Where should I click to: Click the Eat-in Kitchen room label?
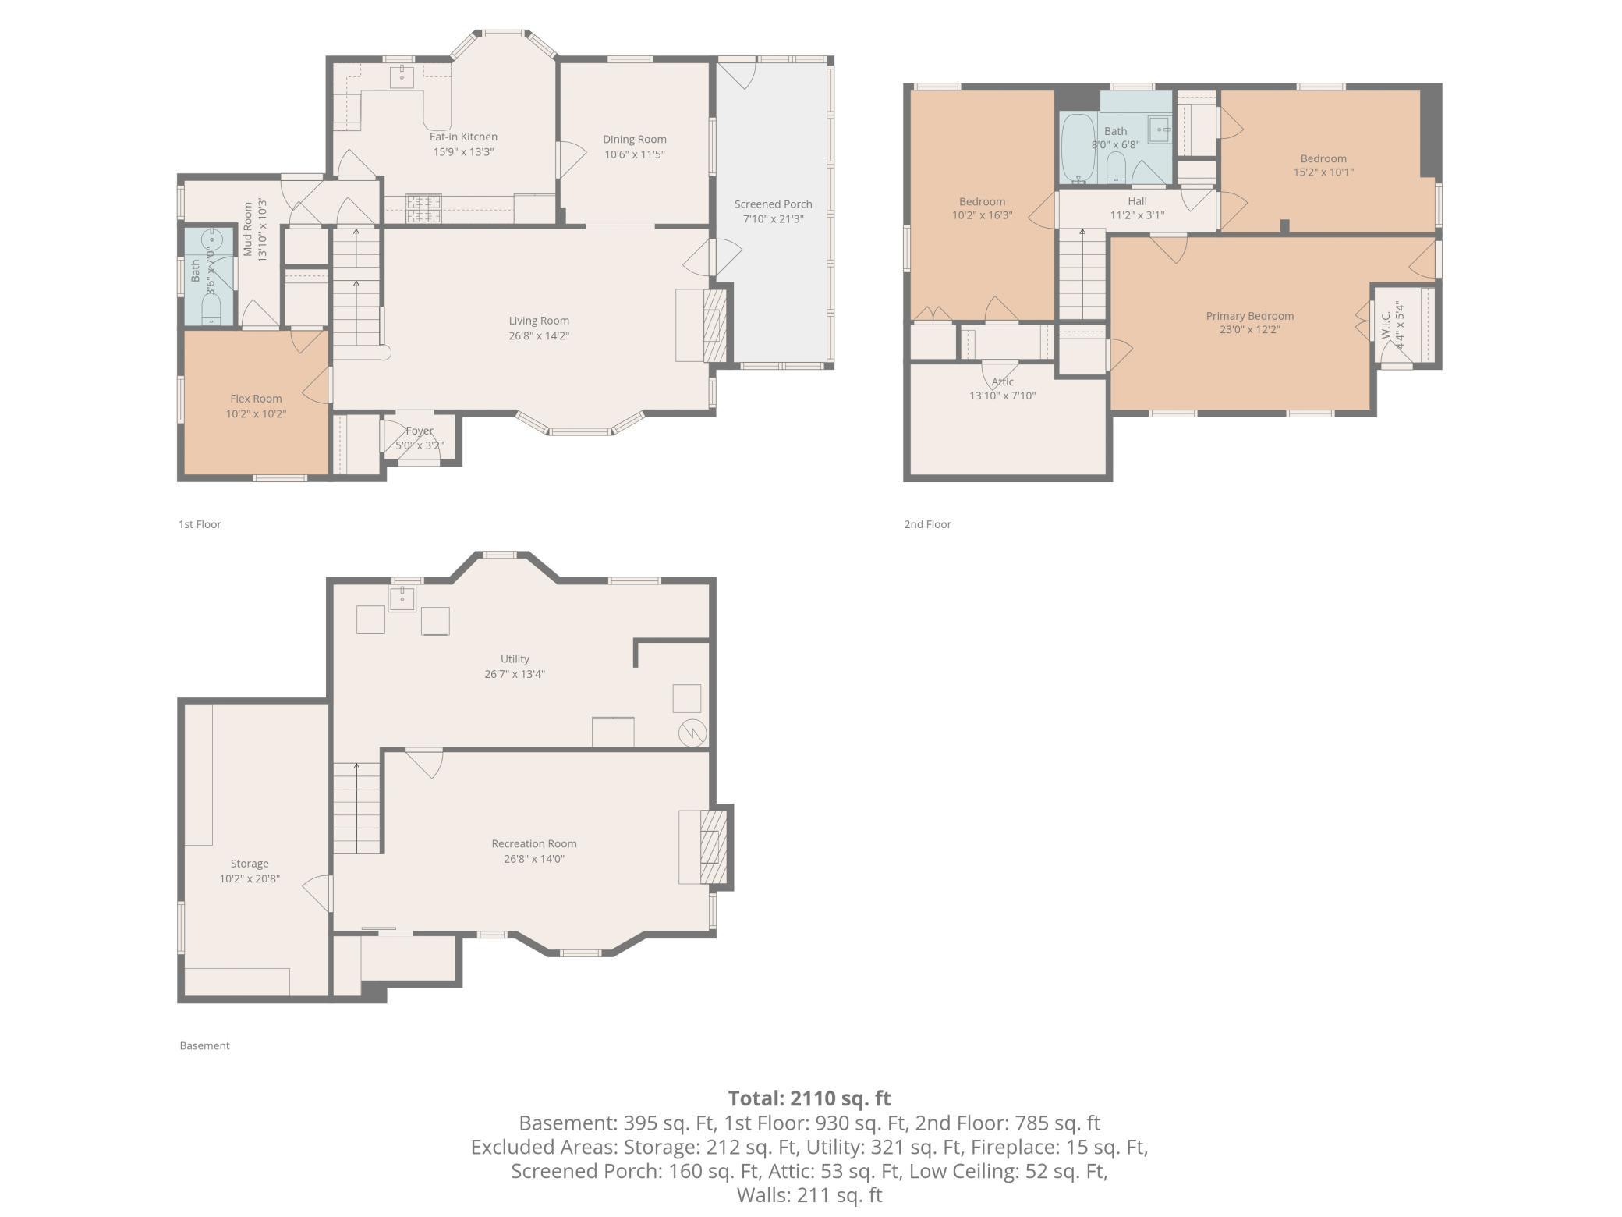coord(463,137)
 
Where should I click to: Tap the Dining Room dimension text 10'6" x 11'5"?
coord(635,154)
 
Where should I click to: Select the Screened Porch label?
coord(773,204)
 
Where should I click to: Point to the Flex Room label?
coord(256,399)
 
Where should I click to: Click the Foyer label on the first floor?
coord(420,431)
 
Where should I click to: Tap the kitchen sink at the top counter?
coord(402,76)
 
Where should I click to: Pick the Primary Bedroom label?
coord(1250,316)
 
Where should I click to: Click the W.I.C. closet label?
coord(1386,325)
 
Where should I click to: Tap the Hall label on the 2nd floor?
coord(1137,201)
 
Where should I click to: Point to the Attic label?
coord(1003,381)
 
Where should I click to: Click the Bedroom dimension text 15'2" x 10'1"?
coord(1323,172)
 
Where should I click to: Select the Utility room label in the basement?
coord(515,659)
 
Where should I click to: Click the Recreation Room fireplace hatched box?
coord(714,847)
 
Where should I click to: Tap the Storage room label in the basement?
coord(250,864)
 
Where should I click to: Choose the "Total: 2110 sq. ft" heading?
coord(809,1098)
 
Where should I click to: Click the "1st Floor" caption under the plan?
coord(200,524)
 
